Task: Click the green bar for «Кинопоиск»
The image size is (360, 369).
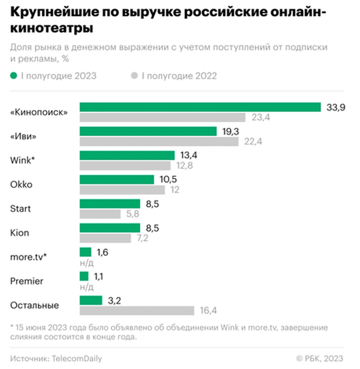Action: point(200,107)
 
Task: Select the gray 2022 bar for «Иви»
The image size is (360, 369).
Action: point(159,142)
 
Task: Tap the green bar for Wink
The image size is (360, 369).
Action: point(127,155)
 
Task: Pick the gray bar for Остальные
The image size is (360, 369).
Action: point(137,311)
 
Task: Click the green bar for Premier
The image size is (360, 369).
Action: point(84,276)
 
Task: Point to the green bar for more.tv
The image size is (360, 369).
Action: point(85,252)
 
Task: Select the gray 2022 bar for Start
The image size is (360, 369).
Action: point(100,214)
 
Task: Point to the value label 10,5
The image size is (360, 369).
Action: point(168,179)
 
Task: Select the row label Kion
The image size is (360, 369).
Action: point(19,233)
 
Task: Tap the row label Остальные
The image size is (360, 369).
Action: point(34,306)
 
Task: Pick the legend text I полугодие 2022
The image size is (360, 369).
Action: point(179,76)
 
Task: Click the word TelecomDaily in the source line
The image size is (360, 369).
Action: point(77,358)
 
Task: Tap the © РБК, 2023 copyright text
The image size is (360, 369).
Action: point(319,358)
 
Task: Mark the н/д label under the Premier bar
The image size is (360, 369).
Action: point(86,286)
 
